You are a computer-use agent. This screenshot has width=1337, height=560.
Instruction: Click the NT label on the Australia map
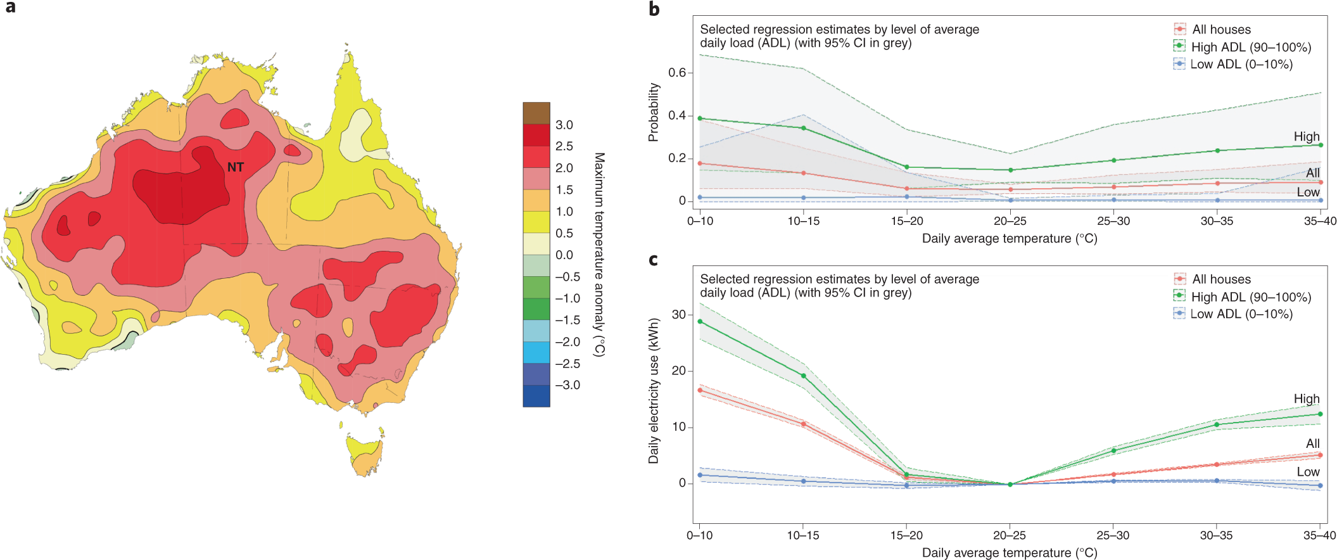[235, 167]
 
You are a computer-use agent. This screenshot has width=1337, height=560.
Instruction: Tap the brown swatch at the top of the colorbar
[536, 113]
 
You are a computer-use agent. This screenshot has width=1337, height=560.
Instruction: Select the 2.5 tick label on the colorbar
[564, 146]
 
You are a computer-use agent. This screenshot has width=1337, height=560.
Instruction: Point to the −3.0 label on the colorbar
[567, 385]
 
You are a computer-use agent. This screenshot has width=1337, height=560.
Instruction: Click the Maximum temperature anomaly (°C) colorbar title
[599, 254]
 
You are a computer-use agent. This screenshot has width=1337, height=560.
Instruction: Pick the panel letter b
[654, 10]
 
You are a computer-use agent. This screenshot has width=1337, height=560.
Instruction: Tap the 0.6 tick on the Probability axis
[677, 73]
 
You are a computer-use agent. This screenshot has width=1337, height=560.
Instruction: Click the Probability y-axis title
[654, 112]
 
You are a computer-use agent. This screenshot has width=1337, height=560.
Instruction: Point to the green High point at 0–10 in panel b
[700, 118]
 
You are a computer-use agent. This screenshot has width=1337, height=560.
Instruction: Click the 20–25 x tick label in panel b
[1010, 221]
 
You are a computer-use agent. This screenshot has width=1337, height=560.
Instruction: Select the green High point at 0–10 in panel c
[700, 321]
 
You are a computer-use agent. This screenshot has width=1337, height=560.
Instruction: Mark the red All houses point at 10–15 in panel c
[803, 424]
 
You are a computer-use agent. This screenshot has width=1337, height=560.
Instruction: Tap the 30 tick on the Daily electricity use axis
[678, 315]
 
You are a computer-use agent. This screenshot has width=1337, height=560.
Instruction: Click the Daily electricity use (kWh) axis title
[654, 390]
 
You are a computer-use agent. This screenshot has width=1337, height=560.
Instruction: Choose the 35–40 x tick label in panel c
[1319, 535]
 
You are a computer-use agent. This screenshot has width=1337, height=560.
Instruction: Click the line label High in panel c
[1306, 399]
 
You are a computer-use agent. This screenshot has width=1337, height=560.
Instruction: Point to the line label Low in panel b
[1307, 193]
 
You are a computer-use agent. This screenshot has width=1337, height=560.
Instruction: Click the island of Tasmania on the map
[365, 453]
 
